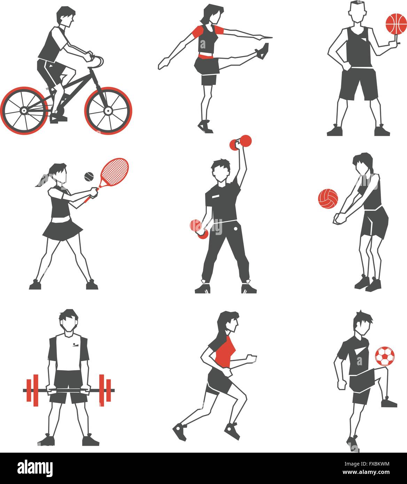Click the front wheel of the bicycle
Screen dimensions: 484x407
108,110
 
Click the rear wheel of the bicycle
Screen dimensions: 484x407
24,110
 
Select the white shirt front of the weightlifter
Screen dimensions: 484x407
69,352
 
